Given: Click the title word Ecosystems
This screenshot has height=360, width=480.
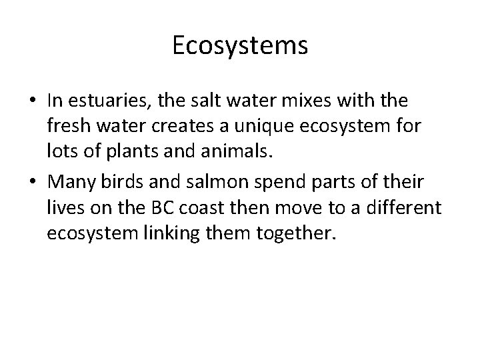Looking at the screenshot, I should pos(240,46).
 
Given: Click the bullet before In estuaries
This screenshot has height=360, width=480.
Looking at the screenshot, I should pos(33,101).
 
